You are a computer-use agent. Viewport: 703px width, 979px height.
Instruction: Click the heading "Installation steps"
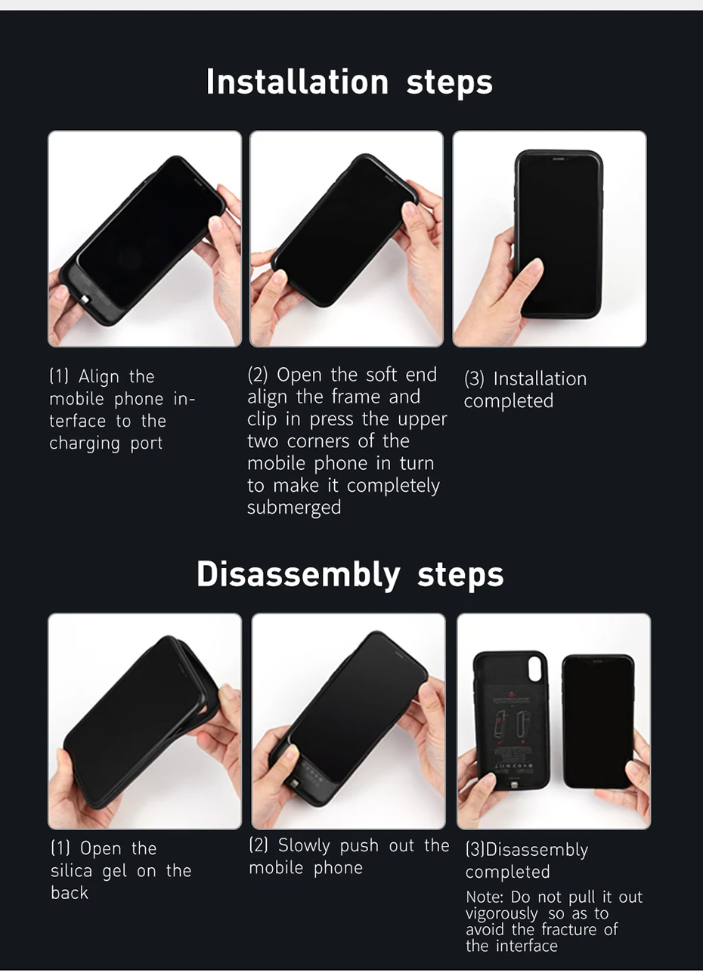(x=349, y=82)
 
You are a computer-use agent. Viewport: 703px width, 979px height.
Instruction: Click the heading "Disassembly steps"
(x=350, y=574)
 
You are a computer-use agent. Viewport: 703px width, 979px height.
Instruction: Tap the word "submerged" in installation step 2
(x=294, y=508)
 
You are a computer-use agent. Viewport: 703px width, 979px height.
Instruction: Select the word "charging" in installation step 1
(x=85, y=444)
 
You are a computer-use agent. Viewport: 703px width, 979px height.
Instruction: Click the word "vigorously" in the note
(x=501, y=914)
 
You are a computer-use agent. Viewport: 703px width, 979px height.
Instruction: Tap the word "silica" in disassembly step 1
(x=71, y=870)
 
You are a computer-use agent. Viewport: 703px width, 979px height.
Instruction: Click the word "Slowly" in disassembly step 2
(x=304, y=846)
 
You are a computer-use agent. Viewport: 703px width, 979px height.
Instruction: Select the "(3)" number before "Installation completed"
(x=474, y=379)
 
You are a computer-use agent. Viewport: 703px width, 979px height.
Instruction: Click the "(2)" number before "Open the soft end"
(x=257, y=375)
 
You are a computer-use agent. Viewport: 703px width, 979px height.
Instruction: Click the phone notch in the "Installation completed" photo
(x=557, y=159)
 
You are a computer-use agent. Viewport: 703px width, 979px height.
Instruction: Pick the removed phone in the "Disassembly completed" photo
(x=598, y=721)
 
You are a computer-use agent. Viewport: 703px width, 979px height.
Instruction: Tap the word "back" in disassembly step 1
(x=69, y=892)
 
